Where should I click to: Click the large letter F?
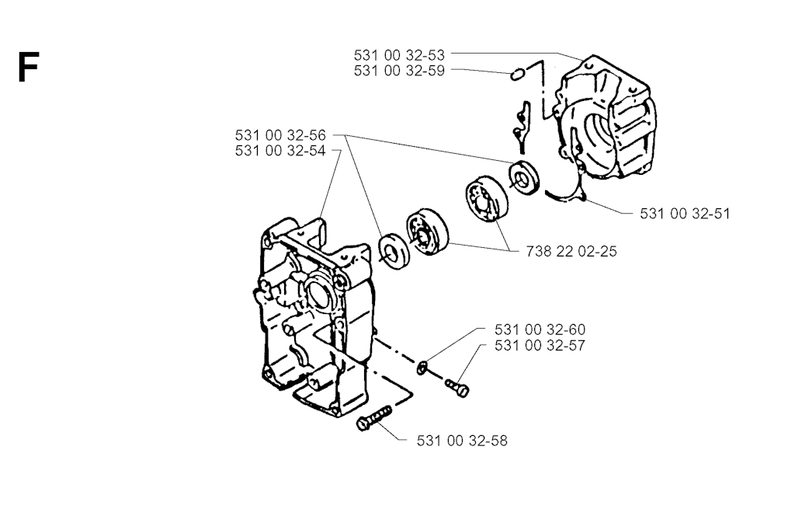click(x=29, y=68)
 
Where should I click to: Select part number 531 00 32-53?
click(x=399, y=55)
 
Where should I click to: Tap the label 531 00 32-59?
click(x=399, y=71)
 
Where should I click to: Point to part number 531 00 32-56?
click(x=280, y=135)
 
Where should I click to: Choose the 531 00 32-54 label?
click(x=280, y=152)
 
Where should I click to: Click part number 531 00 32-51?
click(x=685, y=214)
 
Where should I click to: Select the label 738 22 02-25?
click(x=571, y=251)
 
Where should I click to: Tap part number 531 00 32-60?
click(x=540, y=329)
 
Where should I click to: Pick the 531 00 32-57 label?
click(x=540, y=346)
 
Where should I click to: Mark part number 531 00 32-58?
click(x=462, y=441)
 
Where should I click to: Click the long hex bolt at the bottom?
click(x=374, y=417)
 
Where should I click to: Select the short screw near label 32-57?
click(x=457, y=389)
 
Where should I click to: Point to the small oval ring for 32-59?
click(x=517, y=75)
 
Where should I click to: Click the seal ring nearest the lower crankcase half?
click(x=394, y=251)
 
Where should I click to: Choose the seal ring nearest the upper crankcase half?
click(x=524, y=178)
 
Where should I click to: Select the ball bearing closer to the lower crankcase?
click(x=428, y=232)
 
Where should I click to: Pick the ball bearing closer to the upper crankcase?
click(x=487, y=198)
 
